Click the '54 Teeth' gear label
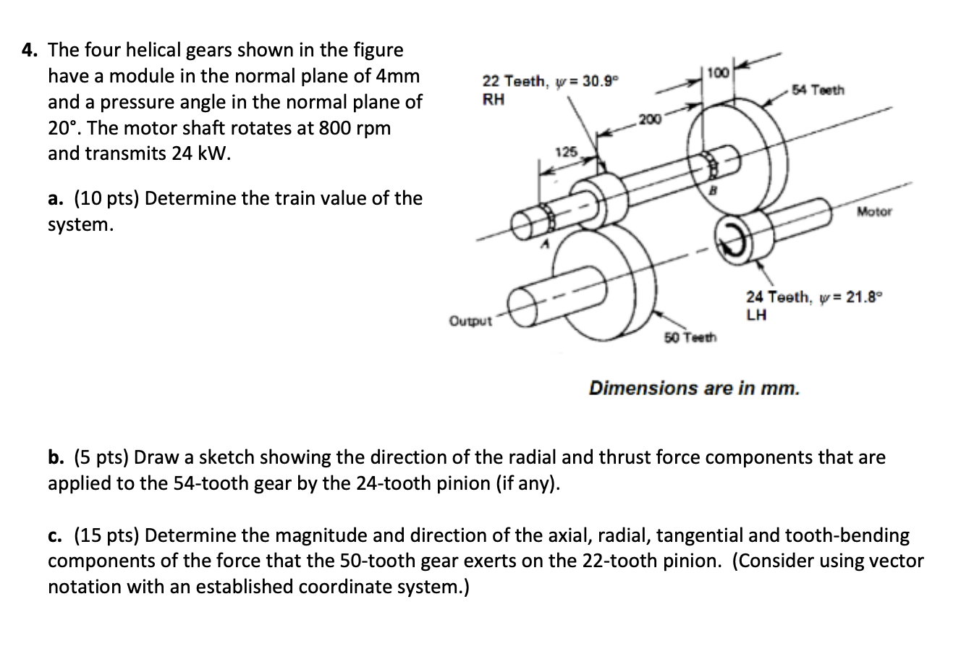(818, 90)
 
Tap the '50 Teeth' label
(690, 338)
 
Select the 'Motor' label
(874, 211)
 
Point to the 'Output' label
(470, 320)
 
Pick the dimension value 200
(649, 119)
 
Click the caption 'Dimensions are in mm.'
(695, 388)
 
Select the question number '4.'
(29, 50)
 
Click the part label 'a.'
(56, 198)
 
